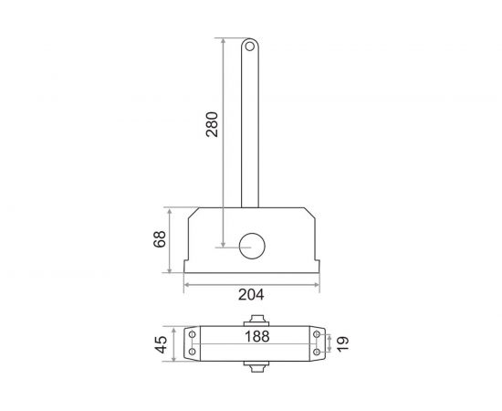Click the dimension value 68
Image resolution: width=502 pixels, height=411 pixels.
coord(161,239)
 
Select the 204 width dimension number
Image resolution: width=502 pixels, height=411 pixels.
coord(251,295)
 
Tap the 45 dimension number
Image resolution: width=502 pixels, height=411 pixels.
coord(161,344)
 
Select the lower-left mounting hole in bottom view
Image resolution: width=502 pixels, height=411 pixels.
coord(193,354)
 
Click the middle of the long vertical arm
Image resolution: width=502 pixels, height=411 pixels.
coord(249,128)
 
